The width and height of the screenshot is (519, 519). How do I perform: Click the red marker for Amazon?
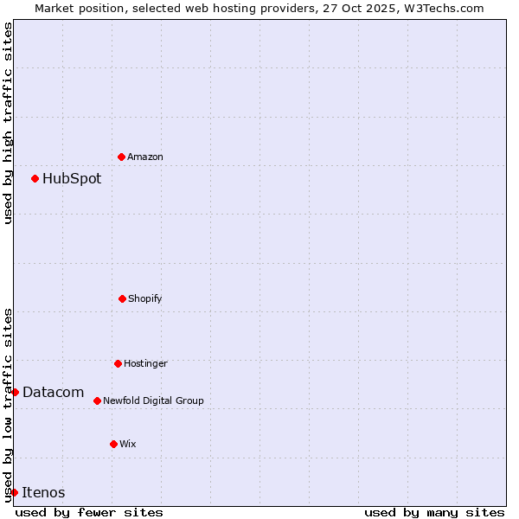pos(121,157)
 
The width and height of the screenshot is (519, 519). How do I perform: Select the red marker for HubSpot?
pos(35,178)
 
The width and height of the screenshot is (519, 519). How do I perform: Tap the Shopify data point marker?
pos(122,298)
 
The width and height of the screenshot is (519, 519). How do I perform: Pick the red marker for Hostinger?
pos(118,363)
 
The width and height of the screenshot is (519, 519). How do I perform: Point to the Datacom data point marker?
pos(15,392)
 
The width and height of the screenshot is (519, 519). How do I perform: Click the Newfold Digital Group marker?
pos(97,400)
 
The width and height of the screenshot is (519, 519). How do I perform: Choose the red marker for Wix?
pos(113,444)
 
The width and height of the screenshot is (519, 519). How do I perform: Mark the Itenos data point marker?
pos(14,492)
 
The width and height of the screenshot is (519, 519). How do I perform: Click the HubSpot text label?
pos(72,179)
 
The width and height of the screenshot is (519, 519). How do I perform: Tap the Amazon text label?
pos(145,157)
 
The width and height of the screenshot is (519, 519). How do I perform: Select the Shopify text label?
pos(145,299)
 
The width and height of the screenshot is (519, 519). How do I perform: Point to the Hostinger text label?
pos(145,364)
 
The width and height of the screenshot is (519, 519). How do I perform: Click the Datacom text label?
pos(53,393)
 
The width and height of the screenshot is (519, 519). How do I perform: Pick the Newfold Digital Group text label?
pos(153,401)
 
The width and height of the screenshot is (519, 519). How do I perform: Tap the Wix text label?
pos(128,445)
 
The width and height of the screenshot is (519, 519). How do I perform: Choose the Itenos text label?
pos(43,493)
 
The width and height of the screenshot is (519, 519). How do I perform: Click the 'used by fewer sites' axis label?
pos(89,512)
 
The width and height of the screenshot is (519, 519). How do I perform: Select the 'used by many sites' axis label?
pos(434,512)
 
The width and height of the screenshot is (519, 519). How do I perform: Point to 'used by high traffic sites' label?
pos(8,123)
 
